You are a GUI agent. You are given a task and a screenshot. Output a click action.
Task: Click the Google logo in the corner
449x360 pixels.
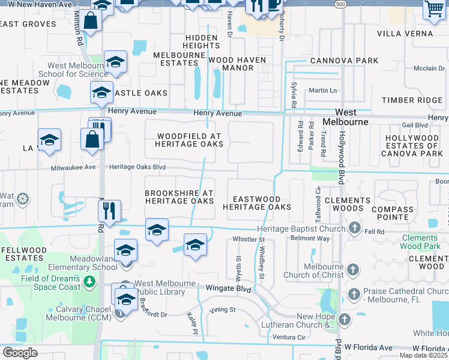coord(19,353)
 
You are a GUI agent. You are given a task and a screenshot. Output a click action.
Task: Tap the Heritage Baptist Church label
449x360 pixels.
coord(301,229)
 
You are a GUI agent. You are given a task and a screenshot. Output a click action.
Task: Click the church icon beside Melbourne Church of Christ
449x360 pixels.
coord(354,271)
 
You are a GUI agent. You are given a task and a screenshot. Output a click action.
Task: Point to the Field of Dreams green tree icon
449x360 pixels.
coord(89,280)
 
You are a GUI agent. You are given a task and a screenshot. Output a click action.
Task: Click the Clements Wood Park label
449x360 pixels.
coord(424,242)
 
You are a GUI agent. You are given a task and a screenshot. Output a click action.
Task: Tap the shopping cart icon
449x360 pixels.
coord(433,9)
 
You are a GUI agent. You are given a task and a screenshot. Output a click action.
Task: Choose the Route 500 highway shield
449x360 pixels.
coord(340,4)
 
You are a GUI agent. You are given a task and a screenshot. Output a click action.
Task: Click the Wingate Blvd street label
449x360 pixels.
coord(228,289)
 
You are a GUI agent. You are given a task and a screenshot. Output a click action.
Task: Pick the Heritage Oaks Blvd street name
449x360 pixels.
coord(136,167)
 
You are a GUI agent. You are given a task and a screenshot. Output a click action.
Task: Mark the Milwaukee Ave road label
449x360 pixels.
coord(73,167)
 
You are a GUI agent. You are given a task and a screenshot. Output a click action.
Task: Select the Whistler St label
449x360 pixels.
coord(249,239)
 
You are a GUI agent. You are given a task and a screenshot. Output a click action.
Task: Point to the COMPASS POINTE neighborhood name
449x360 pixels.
coord(393,211)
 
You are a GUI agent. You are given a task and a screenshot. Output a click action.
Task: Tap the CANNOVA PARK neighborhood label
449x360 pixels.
coord(344,61)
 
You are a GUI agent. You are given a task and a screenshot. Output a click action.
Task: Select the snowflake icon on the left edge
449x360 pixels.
coord(22,199)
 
